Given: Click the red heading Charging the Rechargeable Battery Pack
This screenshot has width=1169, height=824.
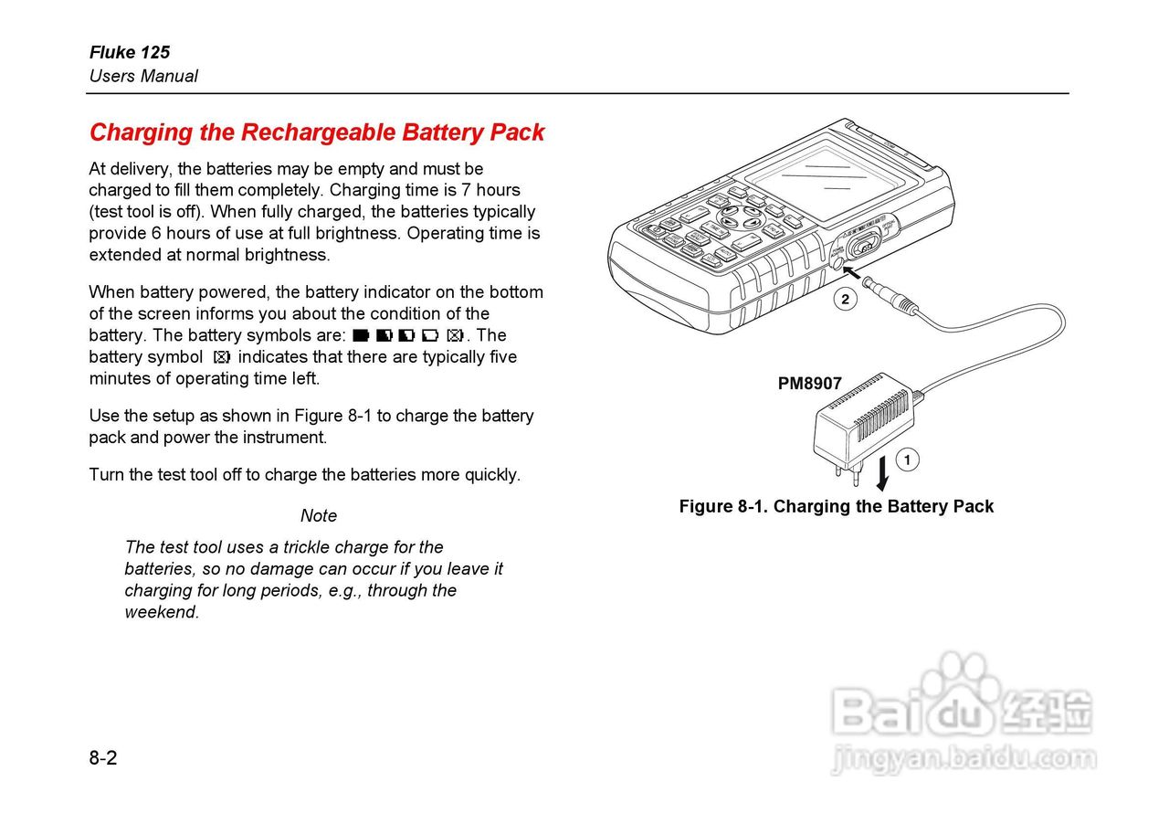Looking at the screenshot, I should click(316, 132).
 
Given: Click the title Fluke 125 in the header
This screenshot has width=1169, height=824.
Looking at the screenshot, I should click(129, 52).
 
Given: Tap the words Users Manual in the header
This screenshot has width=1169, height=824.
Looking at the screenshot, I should click(143, 76).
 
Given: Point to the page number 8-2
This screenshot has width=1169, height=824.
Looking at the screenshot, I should click(103, 757).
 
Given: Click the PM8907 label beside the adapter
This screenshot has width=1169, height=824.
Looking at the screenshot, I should click(809, 384).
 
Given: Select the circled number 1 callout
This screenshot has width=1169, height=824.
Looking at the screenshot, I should click(907, 460).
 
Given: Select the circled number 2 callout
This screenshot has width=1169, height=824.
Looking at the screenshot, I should click(846, 299).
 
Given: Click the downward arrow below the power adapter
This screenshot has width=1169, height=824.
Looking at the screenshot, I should click(882, 475).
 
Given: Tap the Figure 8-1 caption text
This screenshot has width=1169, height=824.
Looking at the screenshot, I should click(836, 506).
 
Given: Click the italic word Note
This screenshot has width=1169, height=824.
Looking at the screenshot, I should click(319, 516).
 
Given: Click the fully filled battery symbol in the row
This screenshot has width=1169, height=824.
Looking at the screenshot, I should click(360, 335).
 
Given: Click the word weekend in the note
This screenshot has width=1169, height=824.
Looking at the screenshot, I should click(162, 612).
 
